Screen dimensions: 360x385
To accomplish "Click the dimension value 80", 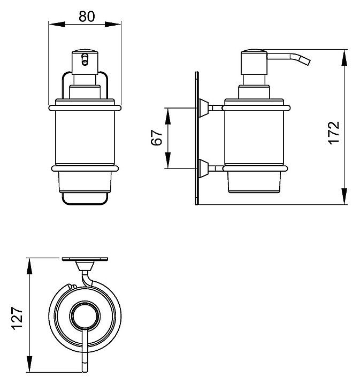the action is point(87,16).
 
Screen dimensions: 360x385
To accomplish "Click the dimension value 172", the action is point(334,133).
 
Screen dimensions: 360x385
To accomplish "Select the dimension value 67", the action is point(157,138).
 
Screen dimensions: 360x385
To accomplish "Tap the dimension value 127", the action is point(17,318).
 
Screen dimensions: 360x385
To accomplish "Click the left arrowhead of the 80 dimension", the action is point(57,24).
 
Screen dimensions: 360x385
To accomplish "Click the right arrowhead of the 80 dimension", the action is point(113,24).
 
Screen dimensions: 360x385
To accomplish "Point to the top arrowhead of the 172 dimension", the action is point(344,58).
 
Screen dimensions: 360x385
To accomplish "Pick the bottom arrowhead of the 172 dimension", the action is point(344,196).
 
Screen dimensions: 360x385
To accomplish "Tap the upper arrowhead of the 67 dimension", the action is point(168,116).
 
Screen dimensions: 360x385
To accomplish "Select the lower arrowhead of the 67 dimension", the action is point(168,160).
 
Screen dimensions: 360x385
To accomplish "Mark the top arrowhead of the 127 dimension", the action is point(29,266).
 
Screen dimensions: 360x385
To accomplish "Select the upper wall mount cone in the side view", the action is point(203,108).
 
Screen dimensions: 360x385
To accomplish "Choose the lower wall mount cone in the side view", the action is point(203,168).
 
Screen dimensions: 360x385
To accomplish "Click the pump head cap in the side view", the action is point(254,62).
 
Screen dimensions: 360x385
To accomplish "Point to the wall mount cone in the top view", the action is point(85,266).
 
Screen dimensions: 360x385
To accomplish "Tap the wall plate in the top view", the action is point(85,259).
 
